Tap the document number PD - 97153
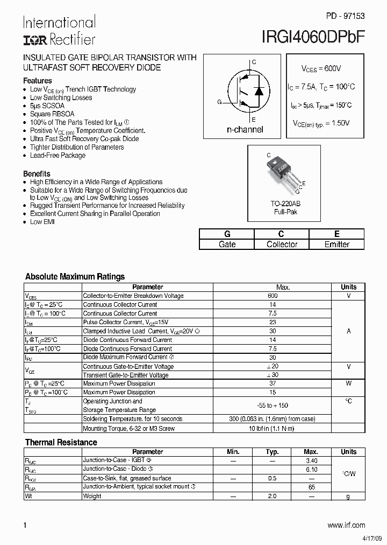pos(345,16)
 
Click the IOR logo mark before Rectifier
pos(34,40)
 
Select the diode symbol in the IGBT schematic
pos(259,90)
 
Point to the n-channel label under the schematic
pos(245,130)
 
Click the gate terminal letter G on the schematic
pos(219,102)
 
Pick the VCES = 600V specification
pos(321,69)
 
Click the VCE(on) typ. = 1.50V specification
pos(321,123)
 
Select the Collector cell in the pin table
pos(282,244)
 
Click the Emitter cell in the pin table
pos(336,244)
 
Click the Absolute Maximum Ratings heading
pos(75,277)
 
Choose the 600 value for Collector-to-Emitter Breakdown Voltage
pos(273,296)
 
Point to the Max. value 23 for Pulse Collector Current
pos(273,322)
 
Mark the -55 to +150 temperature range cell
pos(273,406)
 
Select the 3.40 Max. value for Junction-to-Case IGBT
pos(311,460)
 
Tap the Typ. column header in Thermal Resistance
pos(273,452)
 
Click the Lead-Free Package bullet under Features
pos(58,156)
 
